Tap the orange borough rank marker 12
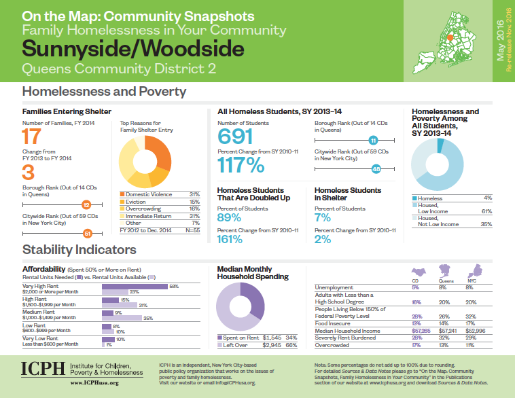86,204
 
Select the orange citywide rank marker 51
87,234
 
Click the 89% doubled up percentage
229,217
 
